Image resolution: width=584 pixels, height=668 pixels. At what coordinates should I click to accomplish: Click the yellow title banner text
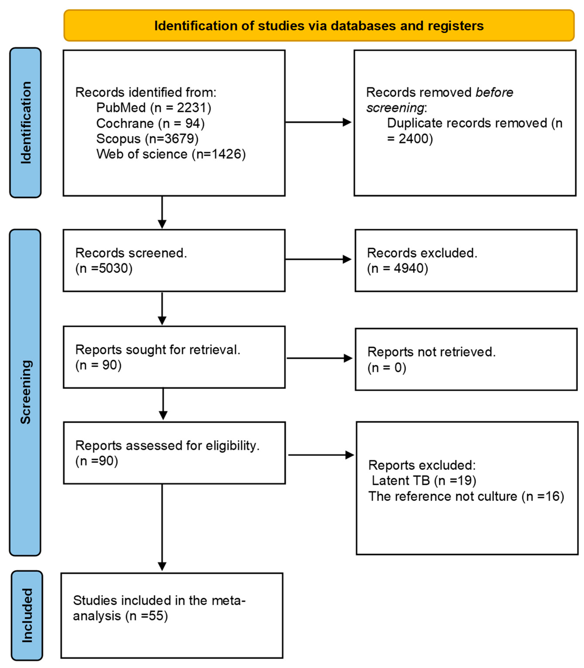(319, 26)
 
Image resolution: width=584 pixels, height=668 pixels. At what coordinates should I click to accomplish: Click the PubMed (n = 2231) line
(153, 108)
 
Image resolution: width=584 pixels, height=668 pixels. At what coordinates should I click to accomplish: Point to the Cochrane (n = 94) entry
(150, 123)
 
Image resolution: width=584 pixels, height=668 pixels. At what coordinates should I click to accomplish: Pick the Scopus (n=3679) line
(147, 138)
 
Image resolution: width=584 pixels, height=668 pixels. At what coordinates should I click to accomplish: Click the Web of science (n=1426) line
(171, 154)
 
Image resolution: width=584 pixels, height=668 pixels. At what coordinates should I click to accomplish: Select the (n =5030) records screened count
(104, 268)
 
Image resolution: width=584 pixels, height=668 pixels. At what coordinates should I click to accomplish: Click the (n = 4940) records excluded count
(397, 268)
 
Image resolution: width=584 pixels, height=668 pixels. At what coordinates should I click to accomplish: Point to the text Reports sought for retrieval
(157, 350)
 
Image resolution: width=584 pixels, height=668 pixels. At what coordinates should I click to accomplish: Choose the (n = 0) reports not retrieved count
(387, 368)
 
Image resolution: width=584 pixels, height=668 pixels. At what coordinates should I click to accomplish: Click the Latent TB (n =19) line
(424, 481)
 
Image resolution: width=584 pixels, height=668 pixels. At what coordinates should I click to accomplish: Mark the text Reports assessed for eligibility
(167, 445)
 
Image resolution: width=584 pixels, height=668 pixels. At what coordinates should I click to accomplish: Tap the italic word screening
(395, 108)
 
